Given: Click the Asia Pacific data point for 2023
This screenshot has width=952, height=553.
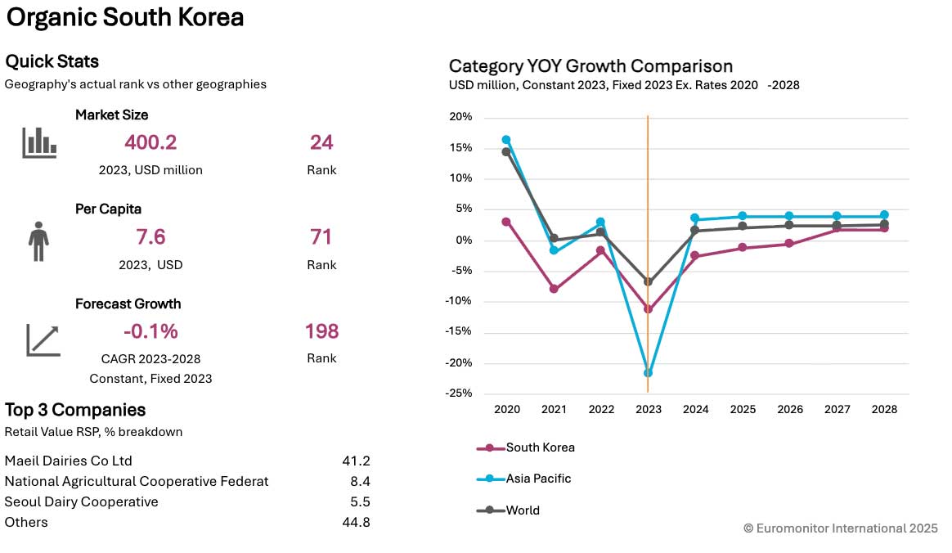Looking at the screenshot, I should (x=648, y=373).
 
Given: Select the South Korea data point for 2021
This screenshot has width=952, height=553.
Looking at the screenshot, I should (x=554, y=289).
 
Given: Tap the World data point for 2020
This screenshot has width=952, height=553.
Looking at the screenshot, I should (x=506, y=151).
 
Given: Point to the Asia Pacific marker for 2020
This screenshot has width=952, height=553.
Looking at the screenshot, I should (x=506, y=140).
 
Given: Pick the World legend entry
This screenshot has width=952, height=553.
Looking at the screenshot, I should (x=523, y=510).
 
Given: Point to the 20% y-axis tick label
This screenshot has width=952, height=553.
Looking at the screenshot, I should (x=461, y=117).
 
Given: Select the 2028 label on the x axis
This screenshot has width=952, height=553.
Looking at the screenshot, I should (x=885, y=409).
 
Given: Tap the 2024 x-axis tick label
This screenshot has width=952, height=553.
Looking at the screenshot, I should (x=695, y=409).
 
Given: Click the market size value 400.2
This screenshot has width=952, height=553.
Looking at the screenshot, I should (x=150, y=142).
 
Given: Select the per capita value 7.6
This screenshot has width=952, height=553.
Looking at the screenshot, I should (x=150, y=237).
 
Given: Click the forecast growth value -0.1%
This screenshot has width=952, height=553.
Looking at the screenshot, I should (x=150, y=331).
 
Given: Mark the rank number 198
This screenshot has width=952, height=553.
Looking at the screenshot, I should (x=321, y=331).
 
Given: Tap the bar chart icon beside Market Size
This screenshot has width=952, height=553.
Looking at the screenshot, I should (x=39, y=142).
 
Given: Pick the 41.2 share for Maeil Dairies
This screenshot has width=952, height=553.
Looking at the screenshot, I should (x=356, y=461).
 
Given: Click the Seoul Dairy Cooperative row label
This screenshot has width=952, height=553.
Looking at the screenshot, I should (x=82, y=501).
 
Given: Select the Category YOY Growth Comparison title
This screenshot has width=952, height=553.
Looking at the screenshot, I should (x=591, y=66).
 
